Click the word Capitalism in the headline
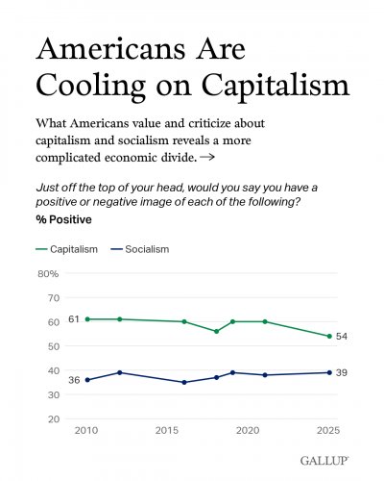pos(276,87)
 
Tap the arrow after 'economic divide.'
pos(206,158)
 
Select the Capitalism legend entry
pos(66,249)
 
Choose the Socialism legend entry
pos(139,249)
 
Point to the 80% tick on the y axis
pos(48,273)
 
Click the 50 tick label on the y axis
pos(54,346)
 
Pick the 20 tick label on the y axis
pos(54,419)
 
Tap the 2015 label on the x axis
pos(167,430)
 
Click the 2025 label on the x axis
pos(328,430)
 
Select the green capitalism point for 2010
pos(87,319)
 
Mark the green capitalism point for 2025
pos(329,336)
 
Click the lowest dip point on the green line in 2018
pos(216,331)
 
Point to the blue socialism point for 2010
pos(87,380)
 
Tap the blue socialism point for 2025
pos(329,372)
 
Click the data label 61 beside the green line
pos(74,319)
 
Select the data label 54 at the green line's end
pos(342,336)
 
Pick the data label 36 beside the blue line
pos(74,380)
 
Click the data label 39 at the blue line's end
pos(342,372)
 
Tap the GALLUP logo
pos(324,461)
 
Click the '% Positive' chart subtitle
pos(63,219)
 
